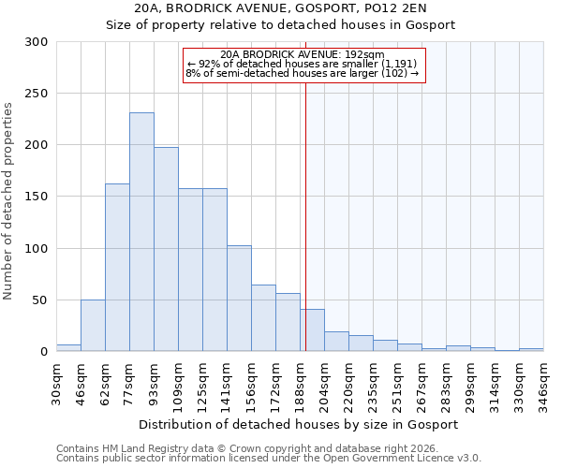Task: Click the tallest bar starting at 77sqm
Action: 141,232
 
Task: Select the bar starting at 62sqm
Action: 117,268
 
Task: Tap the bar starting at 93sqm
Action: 166,249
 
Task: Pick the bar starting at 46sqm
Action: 93,326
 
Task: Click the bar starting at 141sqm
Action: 239,299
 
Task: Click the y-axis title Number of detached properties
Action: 8,200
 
